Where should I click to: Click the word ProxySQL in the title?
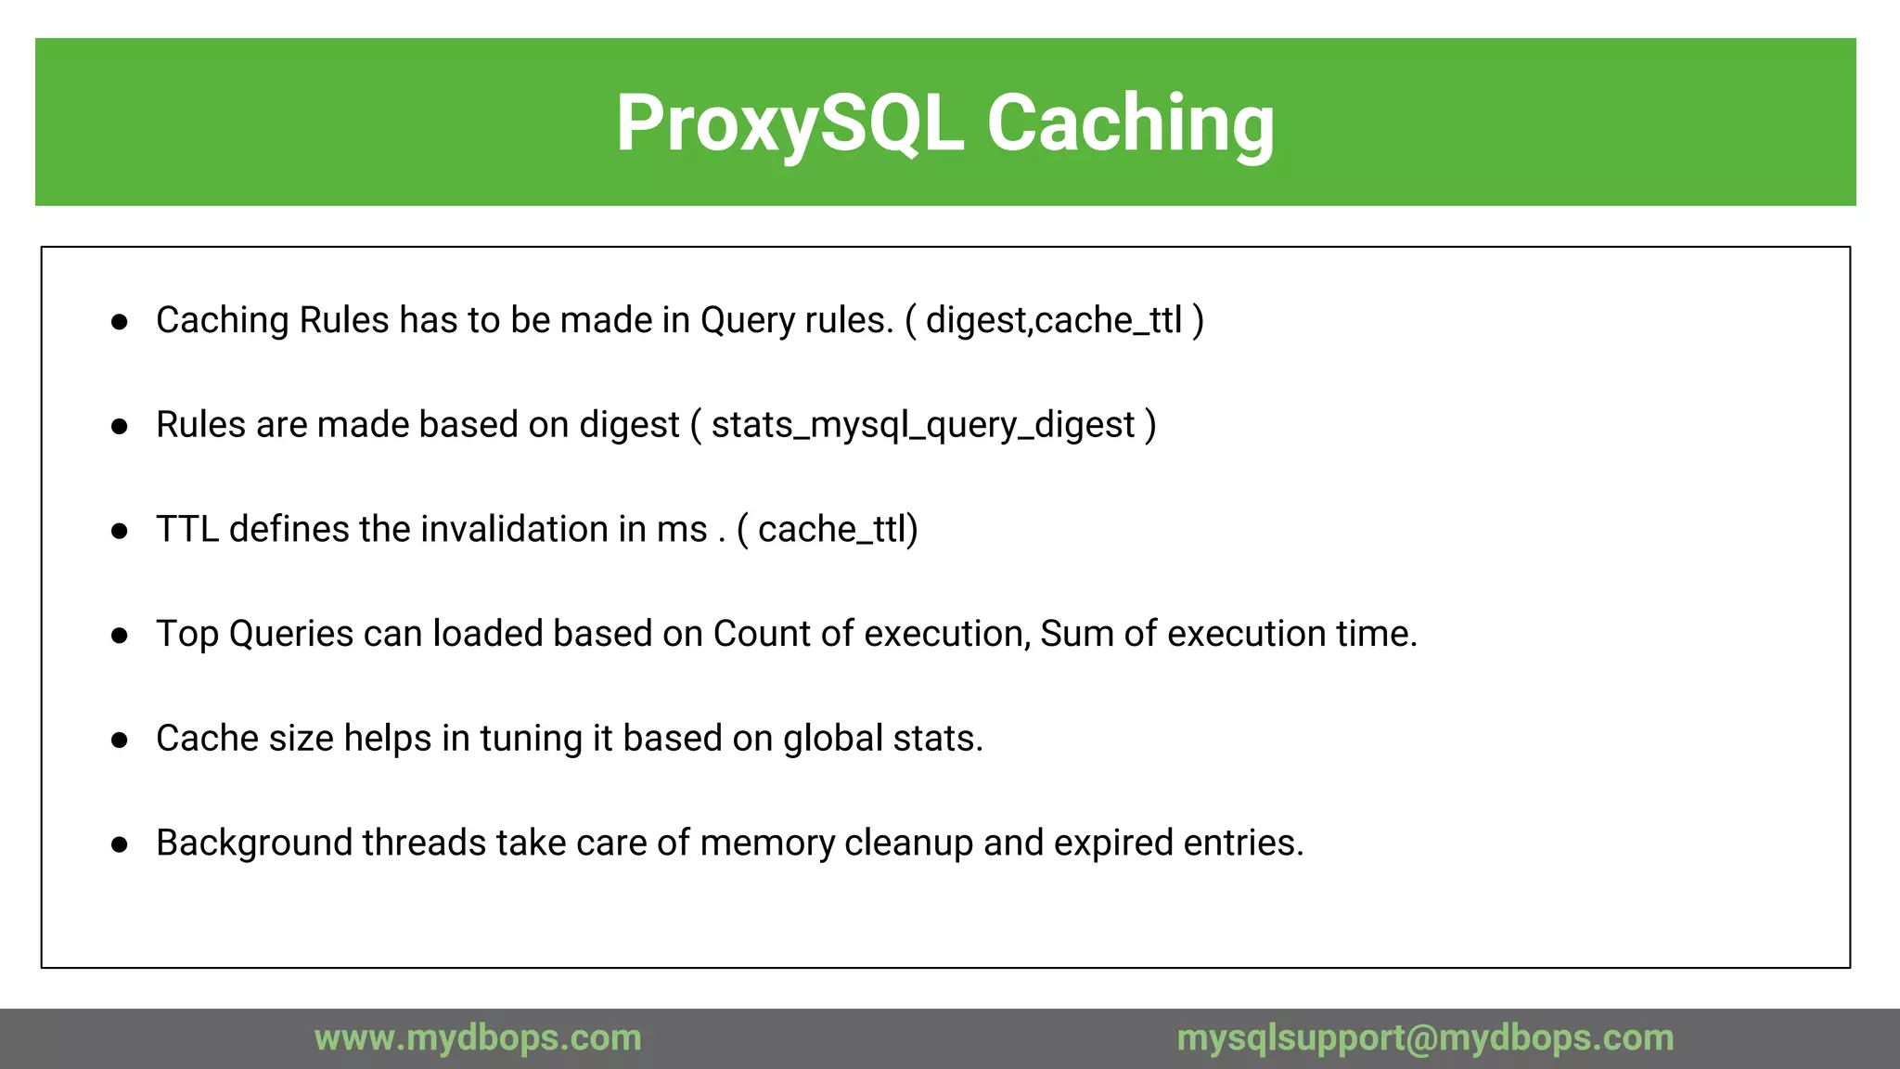point(790,123)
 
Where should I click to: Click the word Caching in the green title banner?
point(1130,123)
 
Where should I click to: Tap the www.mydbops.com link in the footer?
point(478,1037)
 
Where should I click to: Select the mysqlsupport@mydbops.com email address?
point(1425,1037)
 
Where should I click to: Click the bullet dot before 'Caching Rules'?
point(119,322)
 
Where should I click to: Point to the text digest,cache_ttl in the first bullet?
point(1054,320)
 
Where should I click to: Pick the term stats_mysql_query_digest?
point(923,425)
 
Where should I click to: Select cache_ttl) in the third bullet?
point(838,529)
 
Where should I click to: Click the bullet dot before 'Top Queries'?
point(119,636)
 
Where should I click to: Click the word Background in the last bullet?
point(254,844)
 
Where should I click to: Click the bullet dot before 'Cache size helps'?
point(119,741)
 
